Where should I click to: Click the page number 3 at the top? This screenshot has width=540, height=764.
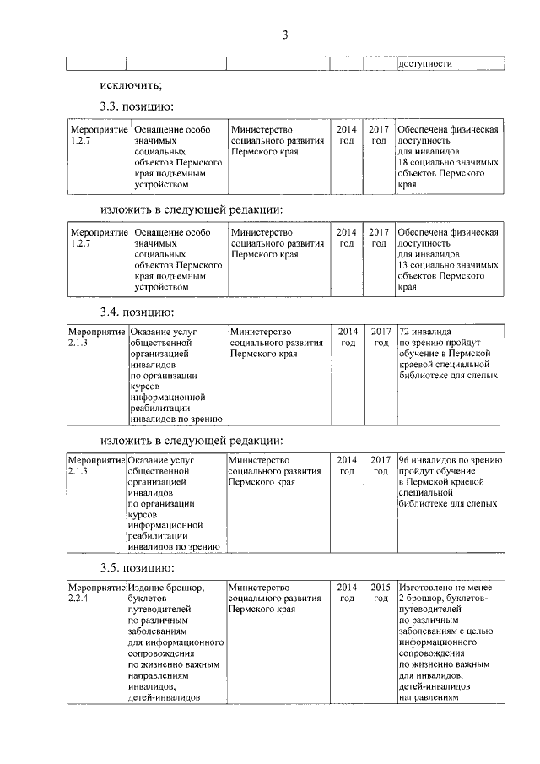click(x=285, y=35)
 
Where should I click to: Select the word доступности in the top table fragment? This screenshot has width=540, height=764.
click(x=425, y=63)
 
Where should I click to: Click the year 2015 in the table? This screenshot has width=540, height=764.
click(x=380, y=587)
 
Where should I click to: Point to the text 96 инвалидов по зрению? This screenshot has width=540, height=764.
click(x=451, y=460)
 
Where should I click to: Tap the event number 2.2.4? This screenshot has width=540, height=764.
click(x=78, y=598)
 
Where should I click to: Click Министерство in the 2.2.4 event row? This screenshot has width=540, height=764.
click(x=260, y=587)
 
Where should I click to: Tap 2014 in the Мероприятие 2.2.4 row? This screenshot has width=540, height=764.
click(x=346, y=587)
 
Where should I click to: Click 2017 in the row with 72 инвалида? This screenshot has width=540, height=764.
click(x=381, y=332)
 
